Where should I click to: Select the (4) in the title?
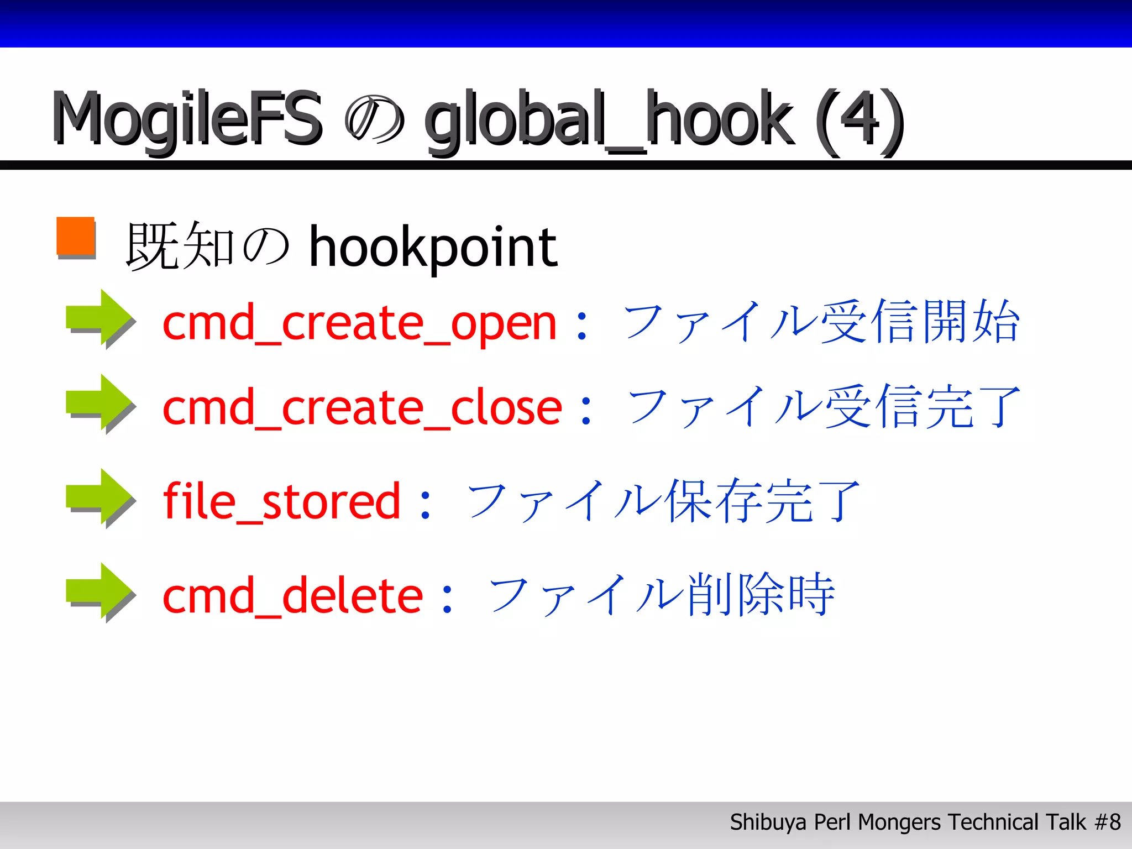[x=859, y=119]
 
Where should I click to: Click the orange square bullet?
[x=76, y=237]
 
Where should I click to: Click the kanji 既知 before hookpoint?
[x=180, y=246]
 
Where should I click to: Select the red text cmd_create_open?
[x=359, y=323]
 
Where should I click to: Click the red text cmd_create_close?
[x=362, y=408]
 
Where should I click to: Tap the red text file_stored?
[x=281, y=501]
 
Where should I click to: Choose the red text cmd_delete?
[x=293, y=595]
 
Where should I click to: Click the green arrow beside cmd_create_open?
[x=99, y=318]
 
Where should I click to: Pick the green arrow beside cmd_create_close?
[x=99, y=403]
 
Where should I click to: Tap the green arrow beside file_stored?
[x=99, y=497]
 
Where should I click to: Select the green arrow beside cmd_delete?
[x=99, y=592]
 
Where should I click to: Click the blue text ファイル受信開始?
[x=821, y=322]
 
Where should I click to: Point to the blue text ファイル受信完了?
[x=824, y=407]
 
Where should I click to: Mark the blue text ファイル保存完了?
[x=663, y=501]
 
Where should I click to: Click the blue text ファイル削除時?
[x=662, y=595]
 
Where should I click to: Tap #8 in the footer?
[x=1108, y=822]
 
